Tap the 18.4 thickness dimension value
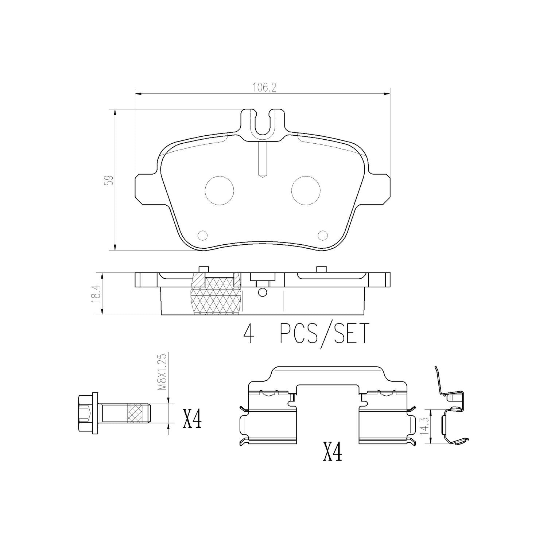pyautogui.click(x=96, y=294)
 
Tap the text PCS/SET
pyautogui.click(x=325, y=334)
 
